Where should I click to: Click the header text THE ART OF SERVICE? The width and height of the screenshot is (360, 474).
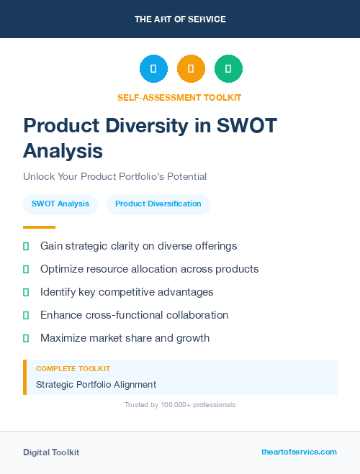180,19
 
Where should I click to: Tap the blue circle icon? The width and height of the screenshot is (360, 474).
153,69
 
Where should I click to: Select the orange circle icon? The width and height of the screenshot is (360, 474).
191,69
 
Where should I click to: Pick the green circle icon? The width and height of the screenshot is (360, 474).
228,69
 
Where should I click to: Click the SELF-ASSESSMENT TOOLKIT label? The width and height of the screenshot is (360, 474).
179,97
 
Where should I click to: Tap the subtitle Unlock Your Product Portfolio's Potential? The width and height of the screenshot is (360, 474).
114,176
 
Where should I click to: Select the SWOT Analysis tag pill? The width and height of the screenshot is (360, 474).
60,204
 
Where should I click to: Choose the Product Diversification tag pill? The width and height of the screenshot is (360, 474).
158,204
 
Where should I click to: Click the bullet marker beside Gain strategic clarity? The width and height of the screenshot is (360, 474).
26,246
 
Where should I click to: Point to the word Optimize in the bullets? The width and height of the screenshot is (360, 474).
63,269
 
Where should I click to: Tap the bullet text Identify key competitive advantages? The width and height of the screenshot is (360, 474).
127,292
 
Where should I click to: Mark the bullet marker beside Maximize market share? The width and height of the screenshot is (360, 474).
26,338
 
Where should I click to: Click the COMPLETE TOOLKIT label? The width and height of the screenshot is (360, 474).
73,368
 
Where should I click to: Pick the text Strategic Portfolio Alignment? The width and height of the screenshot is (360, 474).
96,385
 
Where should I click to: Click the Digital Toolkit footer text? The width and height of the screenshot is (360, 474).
51,452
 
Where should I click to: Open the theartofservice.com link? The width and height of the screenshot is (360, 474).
299,452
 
